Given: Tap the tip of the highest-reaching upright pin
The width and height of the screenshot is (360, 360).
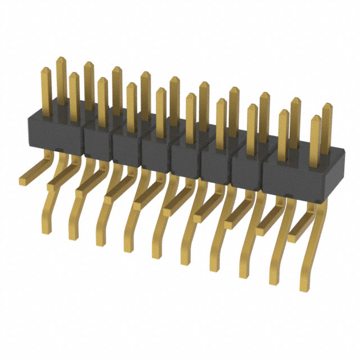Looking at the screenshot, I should (61, 58).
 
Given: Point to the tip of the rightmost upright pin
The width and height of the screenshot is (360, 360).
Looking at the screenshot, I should (326, 105).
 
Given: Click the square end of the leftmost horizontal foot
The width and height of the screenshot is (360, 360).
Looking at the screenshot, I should (24, 181).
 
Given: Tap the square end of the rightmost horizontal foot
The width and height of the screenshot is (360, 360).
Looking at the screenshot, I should (292, 238).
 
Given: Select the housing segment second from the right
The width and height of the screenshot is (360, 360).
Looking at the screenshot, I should (246, 172).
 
